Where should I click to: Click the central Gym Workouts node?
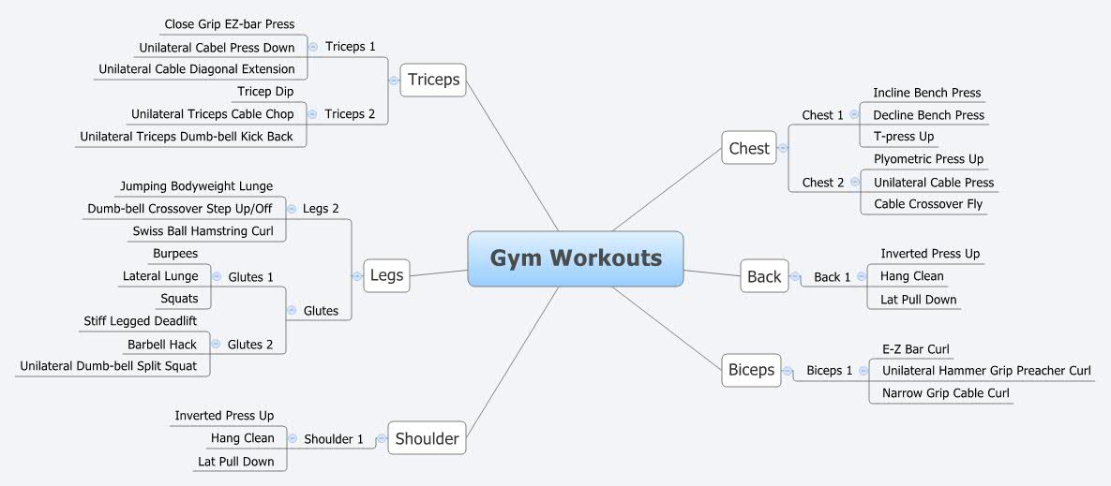click(576, 258)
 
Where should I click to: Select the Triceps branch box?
click(433, 80)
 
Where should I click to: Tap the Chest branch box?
click(749, 148)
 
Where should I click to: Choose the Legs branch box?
click(386, 275)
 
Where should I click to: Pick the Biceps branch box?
click(751, 370)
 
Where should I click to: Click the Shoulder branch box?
click(427, 438)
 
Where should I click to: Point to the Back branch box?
click(764, 276)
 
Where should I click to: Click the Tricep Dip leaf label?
click(265, 92)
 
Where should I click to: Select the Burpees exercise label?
click(175, 254)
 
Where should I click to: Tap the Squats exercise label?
click(179, 299)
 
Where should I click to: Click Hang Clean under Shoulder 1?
click(242, 438)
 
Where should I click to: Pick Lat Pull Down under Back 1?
click(919, 300)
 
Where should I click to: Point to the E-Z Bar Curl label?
click(915, 349)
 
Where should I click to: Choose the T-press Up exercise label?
click(903, 137)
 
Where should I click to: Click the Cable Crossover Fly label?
click(928, 204)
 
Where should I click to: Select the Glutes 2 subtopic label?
click(250, 345)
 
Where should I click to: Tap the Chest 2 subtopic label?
click(823, 183)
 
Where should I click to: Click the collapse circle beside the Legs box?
click(356, 276)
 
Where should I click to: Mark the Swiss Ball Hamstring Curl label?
click(203, 231)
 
